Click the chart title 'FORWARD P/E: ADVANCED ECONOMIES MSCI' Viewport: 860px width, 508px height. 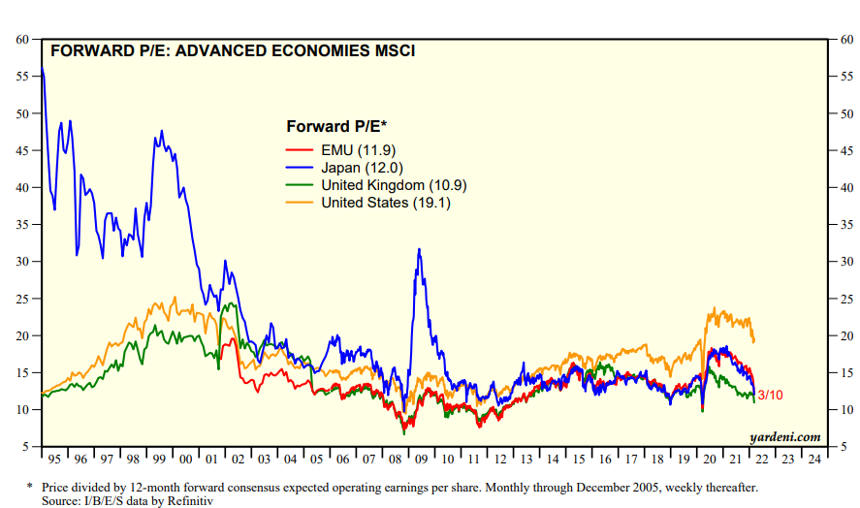[x=232, y=50]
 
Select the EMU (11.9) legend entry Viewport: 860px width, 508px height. [x=338, y=149]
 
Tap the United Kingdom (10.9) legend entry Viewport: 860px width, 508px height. [x=372, y=184]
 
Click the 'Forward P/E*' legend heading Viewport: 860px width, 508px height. [x=336, y=126]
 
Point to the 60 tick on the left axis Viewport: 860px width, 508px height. [x=22, y=39]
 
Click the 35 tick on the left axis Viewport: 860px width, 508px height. [x=22, y=224]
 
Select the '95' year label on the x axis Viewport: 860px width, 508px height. [x=53, y=459]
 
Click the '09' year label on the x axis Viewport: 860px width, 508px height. [x=420, y=459]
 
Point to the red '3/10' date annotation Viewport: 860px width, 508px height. [x=771, y=396]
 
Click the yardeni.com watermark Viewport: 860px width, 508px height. [x=784, y=436]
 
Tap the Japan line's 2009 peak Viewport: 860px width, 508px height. [x=419, y=249]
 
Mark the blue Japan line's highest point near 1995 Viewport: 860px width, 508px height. [x=43, y=68]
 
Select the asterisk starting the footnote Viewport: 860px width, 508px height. [x=29, y=488]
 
